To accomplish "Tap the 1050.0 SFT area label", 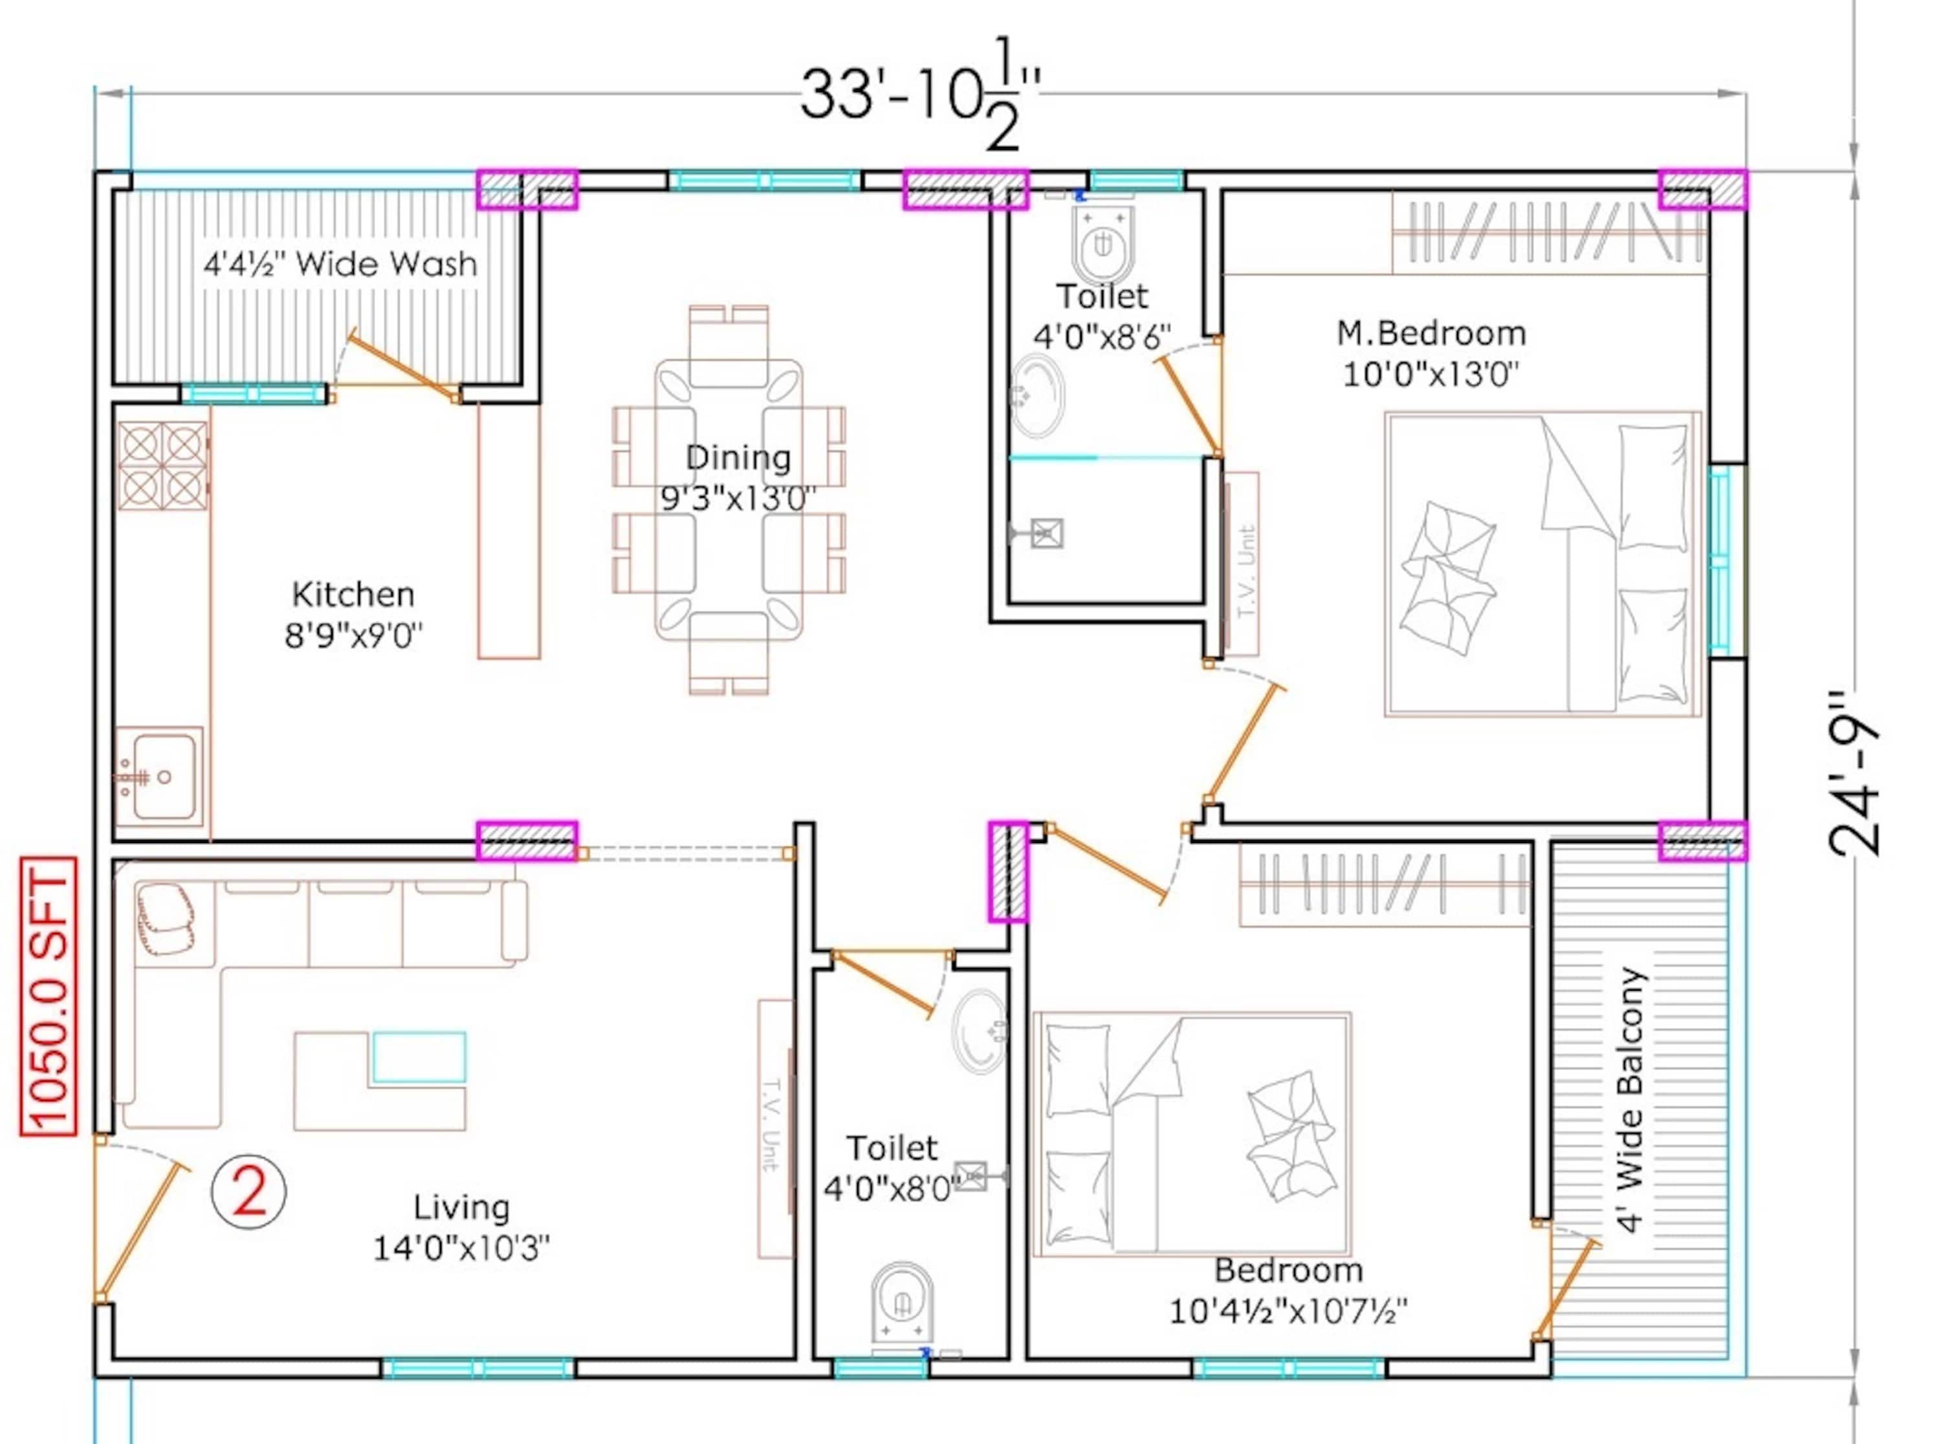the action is (x=48, y=996).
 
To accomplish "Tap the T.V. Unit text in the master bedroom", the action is (x=1246, y=571).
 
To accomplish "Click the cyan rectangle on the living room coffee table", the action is (x=419, y=1058).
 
